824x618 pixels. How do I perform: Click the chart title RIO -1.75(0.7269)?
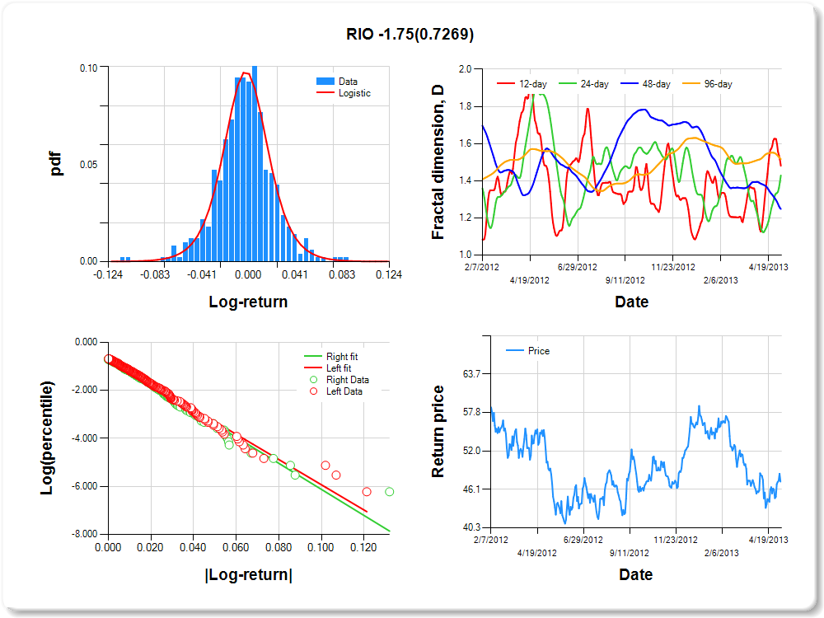pos(410,35)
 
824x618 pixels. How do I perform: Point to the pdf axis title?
pos(56,164)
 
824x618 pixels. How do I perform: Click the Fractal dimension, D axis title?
pos(438,162)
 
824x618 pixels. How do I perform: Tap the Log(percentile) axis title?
pos(47,438)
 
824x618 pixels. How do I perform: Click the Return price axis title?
pos(438,431)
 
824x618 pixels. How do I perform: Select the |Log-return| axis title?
pos(248,574)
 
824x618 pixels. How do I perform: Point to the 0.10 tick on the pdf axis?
pos(87,68)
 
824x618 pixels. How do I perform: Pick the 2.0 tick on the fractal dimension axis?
pos(464,69)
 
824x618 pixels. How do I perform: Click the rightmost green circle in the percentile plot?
pos(389,492)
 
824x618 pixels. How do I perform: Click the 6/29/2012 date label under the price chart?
pos(577,541)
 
